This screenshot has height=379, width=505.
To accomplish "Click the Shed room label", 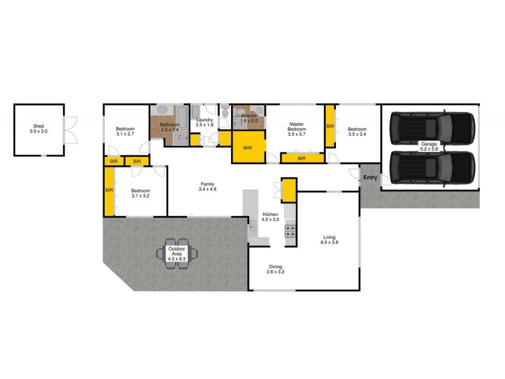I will coord(39,128).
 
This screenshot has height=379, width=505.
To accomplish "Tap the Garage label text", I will coord(429,147).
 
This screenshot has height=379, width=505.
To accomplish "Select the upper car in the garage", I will coord(431,129).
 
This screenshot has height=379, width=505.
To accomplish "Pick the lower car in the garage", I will coord(431,166).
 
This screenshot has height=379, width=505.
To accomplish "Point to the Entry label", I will coord(370,177).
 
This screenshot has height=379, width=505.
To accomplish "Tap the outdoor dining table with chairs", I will coord(177,254).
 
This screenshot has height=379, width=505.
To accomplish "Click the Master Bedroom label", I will coord(297,129).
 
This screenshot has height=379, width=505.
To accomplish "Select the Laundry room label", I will coord(205,123).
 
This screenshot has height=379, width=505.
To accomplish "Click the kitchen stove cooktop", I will coord(290,231).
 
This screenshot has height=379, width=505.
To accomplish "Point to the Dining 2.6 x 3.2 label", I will coord(277,269).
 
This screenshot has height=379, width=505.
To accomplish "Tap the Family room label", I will coord(208,186).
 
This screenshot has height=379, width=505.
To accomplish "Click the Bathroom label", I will coord(170,128).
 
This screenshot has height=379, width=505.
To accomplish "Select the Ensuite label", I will coord(249,119).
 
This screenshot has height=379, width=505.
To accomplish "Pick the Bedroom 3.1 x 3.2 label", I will coord(140,193).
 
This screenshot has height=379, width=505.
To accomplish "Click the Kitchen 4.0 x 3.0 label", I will coord(270,217).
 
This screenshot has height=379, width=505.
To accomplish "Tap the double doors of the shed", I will coord(71,130).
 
